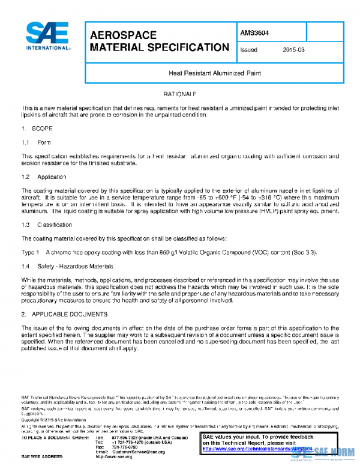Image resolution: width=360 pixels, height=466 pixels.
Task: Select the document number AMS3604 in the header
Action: [255, 33]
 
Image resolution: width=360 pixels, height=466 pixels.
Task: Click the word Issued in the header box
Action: [248, 50]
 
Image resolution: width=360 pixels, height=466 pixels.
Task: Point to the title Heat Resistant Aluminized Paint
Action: [214, 73]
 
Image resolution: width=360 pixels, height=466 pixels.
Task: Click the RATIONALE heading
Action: [180, 95]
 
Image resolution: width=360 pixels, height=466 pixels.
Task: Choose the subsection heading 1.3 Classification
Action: [48, 225]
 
